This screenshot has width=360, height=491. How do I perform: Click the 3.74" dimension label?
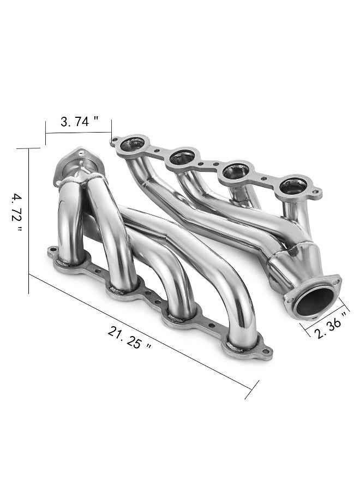pyautogui.click(x=79, y=121)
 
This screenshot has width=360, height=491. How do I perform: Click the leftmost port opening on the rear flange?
pyautogui.click(x=132, y=144)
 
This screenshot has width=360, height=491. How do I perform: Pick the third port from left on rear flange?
pyautogui.click(x=236, y=171)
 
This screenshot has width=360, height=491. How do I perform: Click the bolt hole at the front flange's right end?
pyautogui.click(x=266, y=351)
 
